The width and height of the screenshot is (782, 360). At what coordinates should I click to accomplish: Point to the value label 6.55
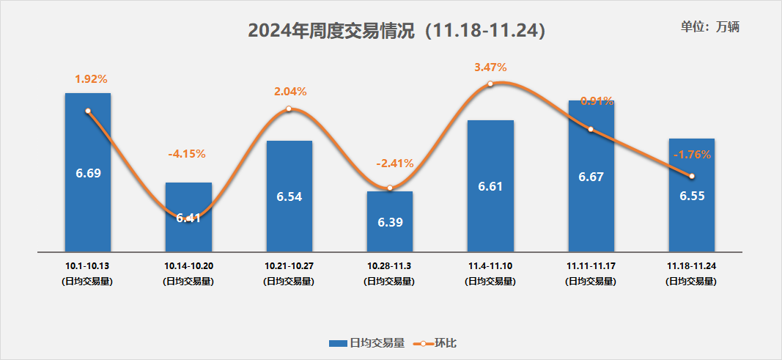click(x=692, y=197)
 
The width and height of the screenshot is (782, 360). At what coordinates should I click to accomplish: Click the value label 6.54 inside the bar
click(x=289, y=197)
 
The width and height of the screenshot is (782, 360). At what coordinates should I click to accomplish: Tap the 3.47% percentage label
click(x=490, y=67)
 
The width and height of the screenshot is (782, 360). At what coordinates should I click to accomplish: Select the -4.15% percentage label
click(x=187, y=154)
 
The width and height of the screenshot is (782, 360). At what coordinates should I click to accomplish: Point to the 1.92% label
click(x=91, y=78)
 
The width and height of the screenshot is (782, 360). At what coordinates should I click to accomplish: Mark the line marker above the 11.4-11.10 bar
click(x=490, y=84)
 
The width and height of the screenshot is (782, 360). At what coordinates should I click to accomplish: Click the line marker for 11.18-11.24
click(x=691, y=176)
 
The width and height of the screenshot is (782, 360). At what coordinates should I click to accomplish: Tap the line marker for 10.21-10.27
click(x=289, y=109)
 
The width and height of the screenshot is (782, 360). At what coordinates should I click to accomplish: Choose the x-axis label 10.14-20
click(x=188, y=264)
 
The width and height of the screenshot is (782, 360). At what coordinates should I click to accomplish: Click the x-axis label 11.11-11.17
click(x=591, y=264)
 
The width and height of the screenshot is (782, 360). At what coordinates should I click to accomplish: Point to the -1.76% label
click(x=692, y=154)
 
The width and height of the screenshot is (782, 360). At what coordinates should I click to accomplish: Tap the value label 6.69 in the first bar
click(x=88, y=173)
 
